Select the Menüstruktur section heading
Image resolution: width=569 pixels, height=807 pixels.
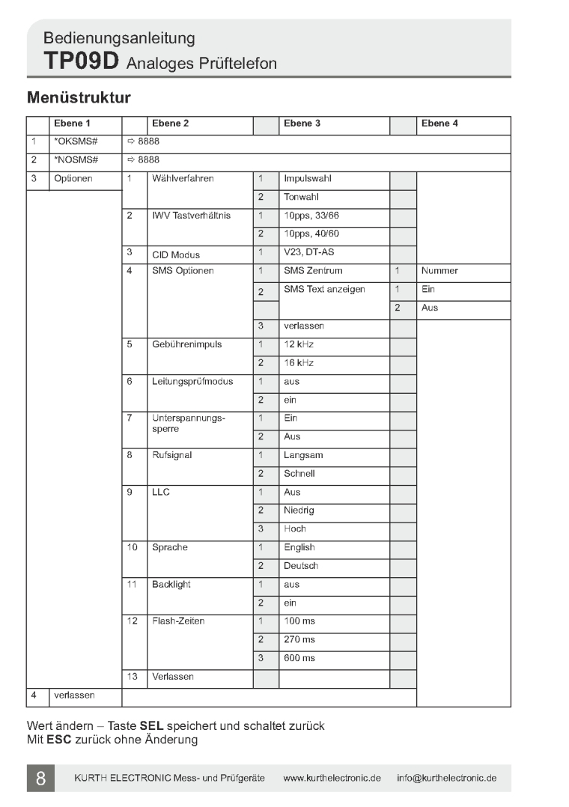click(x=79, y=98)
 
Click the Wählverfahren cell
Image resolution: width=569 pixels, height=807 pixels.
click(x=183, y=179)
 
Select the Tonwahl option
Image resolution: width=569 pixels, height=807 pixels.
click(x=301, y=198)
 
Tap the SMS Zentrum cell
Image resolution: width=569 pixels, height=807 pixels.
click(x=314, y=271)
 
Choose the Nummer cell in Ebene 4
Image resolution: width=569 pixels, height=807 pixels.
click(x=439, y=271)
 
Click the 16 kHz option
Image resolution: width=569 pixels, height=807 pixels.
click(x=299, y=363)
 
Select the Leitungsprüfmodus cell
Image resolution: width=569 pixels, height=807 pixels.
click(x=192, y=382)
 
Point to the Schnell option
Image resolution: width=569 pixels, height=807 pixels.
click(x=299, y=474)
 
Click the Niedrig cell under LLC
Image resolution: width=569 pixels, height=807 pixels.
click(x=299, y=511)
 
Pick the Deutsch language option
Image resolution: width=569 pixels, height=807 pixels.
click(x=301, y=566)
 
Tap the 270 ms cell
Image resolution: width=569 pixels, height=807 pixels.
click(x=299, y=640)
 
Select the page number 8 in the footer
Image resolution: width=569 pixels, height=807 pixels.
click(x=40, y=779)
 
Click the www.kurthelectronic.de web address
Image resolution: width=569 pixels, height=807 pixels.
click(x=332, y=779)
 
